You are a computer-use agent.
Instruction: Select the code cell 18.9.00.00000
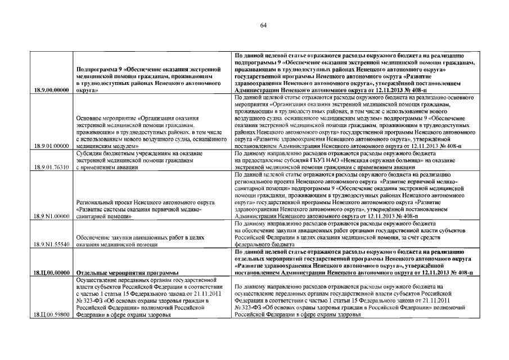[52, 89]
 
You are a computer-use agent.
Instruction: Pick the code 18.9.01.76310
[52, 167]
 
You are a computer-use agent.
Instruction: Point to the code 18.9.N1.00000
[52, 216]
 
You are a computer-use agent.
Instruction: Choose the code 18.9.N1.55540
[52, 245]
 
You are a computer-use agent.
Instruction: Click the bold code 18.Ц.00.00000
[52, 273]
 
